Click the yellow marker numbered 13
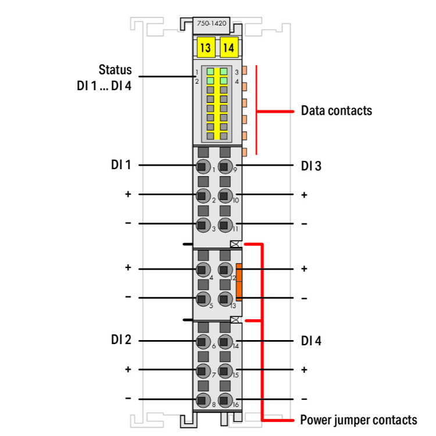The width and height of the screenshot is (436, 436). [x=205, y=48]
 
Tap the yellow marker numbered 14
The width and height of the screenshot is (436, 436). [x=228, y=48]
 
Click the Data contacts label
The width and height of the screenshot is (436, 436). [x=337, y=110]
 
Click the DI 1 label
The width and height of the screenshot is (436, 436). [x=121, y=165]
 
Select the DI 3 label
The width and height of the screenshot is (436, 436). [x=312, y=166]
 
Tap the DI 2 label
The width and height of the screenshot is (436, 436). [x=121, y=340]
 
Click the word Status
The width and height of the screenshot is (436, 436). [x=115, y=70]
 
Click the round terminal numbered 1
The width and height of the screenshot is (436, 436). [x=203, y=166]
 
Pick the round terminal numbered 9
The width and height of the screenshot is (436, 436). [x=225, y=166]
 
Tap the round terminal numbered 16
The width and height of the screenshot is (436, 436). [x=225, y=400]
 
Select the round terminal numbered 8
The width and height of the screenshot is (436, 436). [x=203, y=400]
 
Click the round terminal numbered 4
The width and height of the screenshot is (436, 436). [x=203, y=269]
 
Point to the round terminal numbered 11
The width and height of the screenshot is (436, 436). [x=225, y=225]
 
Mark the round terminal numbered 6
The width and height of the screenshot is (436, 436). [x=203, y=341]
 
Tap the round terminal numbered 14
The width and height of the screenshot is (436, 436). [x=225, y=341]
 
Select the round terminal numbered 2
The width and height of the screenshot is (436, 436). [x=203, y=195]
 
